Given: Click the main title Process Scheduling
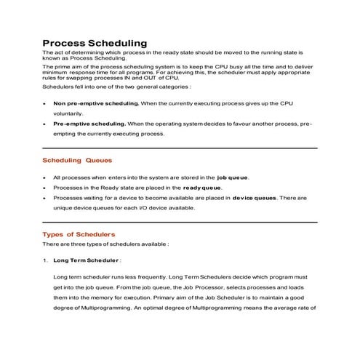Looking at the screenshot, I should [x=95, y=43].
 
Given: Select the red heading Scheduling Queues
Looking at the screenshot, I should [x=77, y=160].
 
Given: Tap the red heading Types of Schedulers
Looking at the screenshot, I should [x=79, y=234].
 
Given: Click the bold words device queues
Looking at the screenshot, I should [x=255, y=197].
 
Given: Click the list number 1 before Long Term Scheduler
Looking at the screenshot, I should [x=44, y=260].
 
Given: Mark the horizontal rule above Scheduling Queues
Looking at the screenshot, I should [x=180, y=148].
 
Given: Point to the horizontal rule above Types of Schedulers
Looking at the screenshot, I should [x=180, y=222].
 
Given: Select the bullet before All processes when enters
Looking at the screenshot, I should [x=45, y=177].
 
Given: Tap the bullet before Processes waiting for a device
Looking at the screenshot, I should [x=45, y=198].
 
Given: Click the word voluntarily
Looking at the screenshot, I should [x=69, y=114].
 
